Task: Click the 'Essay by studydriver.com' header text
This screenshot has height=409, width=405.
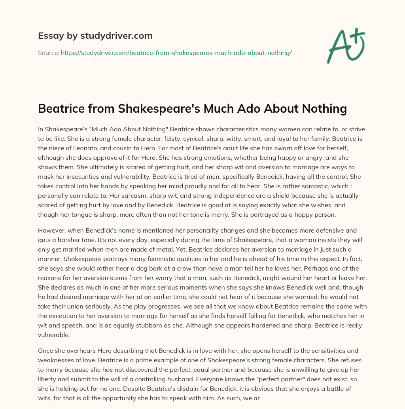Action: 95,36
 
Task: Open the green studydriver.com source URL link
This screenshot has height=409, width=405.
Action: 176,53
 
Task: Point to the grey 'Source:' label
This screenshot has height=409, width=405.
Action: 48,53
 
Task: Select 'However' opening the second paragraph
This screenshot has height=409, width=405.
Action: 51,230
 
